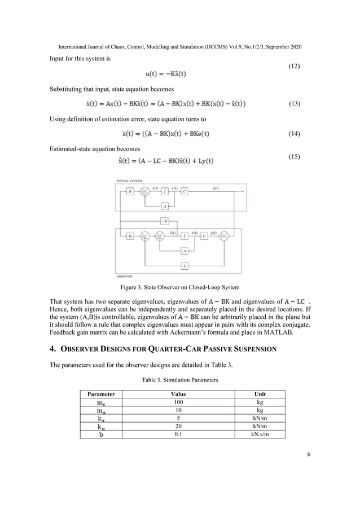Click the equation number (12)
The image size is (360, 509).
click(294, 67)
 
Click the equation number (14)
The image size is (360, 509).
click(294, 134)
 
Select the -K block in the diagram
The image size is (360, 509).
click(165, 221)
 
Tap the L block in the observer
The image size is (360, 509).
click(184, 265)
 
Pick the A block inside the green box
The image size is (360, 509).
click(165, 207)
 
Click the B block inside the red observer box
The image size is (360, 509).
click(130, 236)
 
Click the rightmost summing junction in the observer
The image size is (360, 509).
click(225, 236)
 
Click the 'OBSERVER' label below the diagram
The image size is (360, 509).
click(124, 277)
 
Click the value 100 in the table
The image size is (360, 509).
click(178, 402)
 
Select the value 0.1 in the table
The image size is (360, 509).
click(178, 435)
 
